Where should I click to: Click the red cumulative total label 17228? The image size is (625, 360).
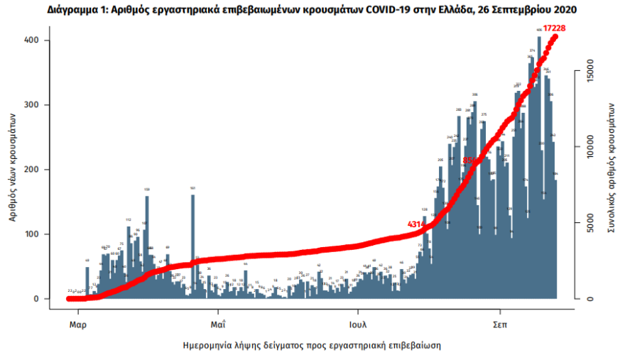[559, 28]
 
